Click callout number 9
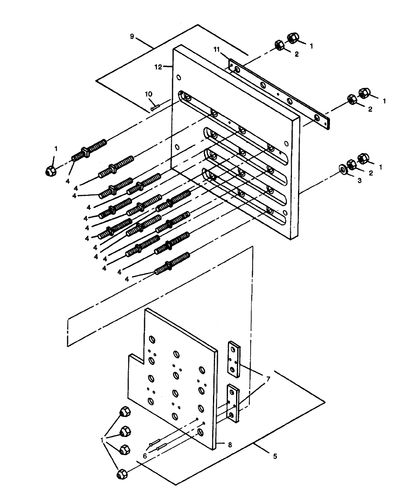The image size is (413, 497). (x=132, y=36)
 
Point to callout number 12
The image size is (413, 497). (x=159, y=67)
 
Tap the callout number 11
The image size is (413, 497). (x=217, y=49)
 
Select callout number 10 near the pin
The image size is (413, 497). (x=149, y=94)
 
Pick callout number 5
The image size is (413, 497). (x=275, y=456)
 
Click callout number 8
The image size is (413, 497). (x=230, y=445)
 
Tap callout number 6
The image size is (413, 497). (x=145, y=455)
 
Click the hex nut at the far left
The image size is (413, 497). (x=51, y=171)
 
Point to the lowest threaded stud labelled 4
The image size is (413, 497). (x=172, y=264)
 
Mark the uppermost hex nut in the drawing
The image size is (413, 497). (x=293, y=38)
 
